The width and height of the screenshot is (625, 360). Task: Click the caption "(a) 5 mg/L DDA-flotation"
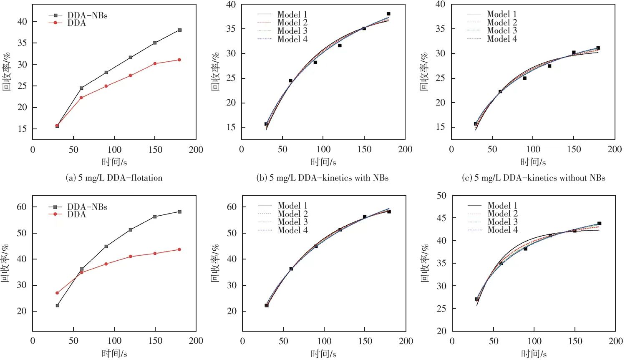114,178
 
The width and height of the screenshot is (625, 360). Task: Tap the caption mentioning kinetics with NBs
322,178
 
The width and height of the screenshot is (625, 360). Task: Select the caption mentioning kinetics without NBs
533,178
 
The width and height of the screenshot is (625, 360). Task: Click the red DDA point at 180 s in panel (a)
179,60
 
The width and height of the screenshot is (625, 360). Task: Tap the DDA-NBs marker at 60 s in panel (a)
81,88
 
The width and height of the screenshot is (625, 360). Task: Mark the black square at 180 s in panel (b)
388,14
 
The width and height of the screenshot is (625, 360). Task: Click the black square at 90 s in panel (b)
315,63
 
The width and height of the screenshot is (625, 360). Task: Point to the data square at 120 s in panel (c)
549,66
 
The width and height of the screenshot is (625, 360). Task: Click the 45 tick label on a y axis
441,218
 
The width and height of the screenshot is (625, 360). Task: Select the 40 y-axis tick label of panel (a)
22,21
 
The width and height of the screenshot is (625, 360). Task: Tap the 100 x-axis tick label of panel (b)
323,149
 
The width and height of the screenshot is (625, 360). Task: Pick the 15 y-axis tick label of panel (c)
441,127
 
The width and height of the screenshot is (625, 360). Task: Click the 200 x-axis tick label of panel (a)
196,150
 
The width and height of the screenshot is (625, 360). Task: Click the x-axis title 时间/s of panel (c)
533,162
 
